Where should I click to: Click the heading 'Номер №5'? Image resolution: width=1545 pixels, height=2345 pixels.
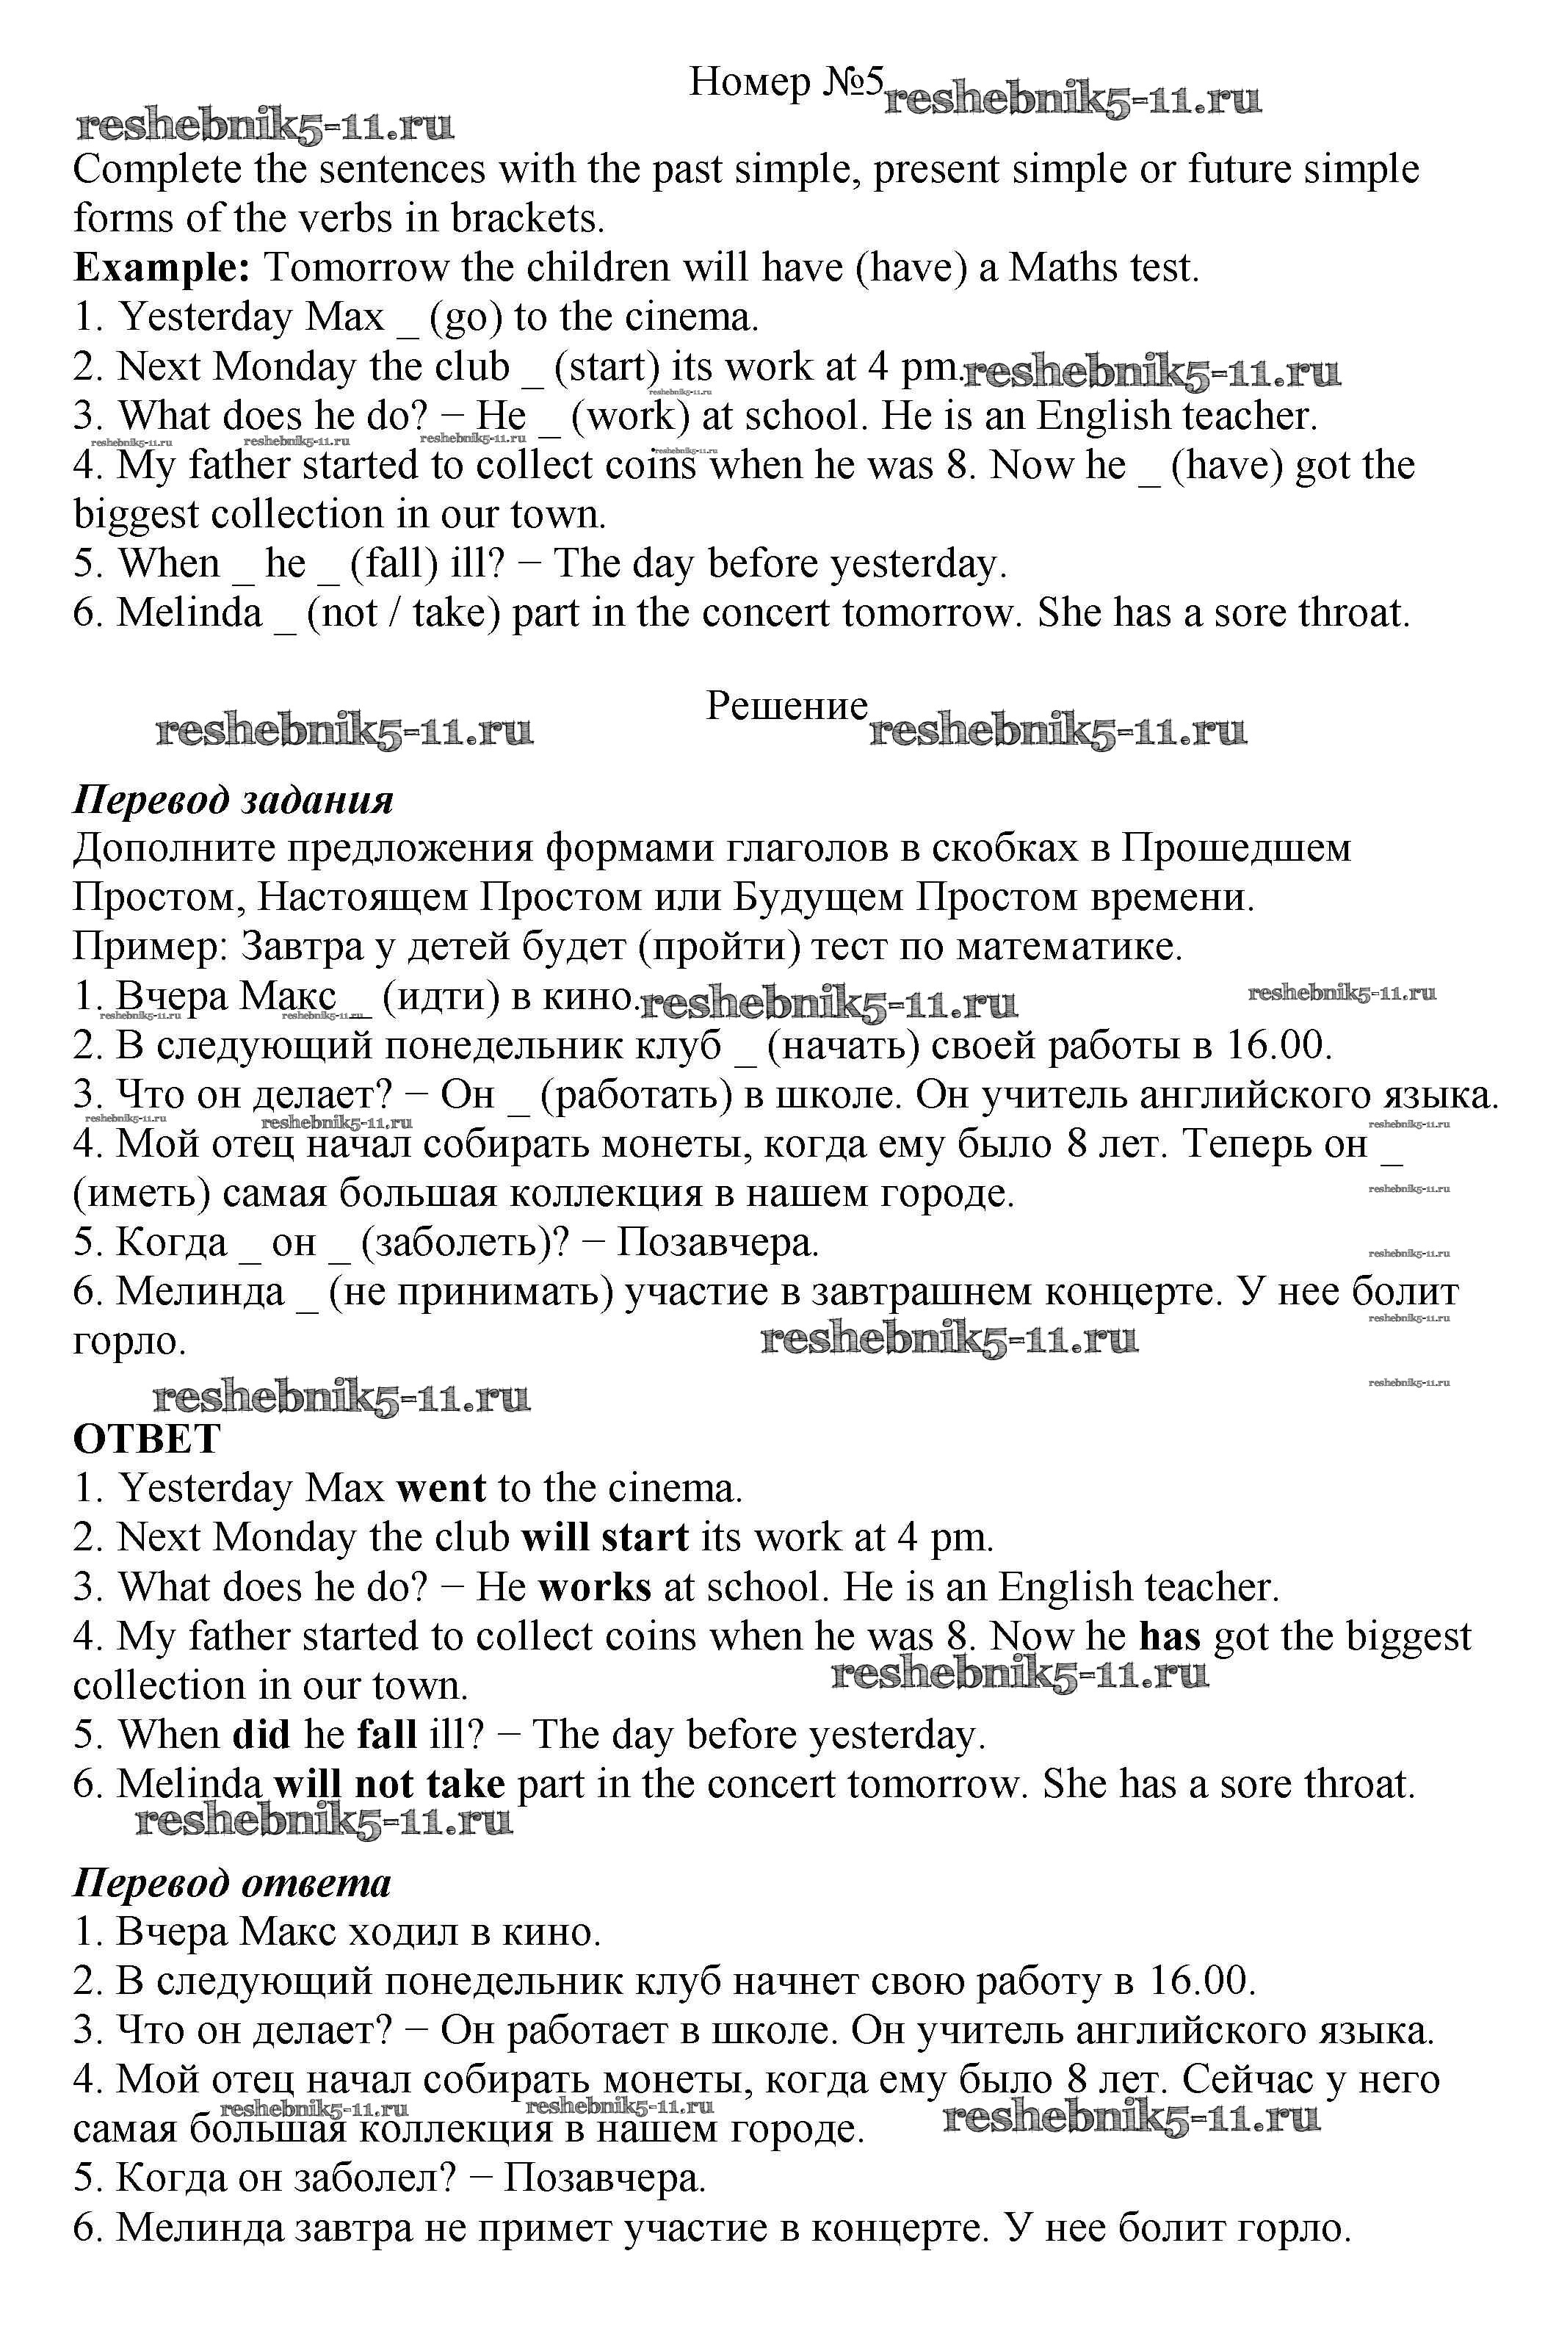coord(786,82)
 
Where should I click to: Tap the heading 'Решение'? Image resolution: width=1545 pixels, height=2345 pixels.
coord(786,706)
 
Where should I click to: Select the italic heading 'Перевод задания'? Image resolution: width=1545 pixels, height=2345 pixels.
coord(233,799)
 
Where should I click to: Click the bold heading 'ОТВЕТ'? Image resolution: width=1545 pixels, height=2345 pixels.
coord(147,1439)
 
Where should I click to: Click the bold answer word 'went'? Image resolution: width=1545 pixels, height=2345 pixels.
coord(441,1488)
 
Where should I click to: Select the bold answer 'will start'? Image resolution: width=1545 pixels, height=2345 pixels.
coord(604,1537)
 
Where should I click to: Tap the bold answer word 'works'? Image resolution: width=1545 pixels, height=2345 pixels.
coord(594,1587)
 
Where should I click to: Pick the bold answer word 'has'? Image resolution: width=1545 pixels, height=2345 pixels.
coord(1170,1636)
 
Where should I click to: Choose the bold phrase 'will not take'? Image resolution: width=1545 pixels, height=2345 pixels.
coord(389,1785)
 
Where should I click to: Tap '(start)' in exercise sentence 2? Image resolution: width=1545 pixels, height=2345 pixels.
coord(607,366)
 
